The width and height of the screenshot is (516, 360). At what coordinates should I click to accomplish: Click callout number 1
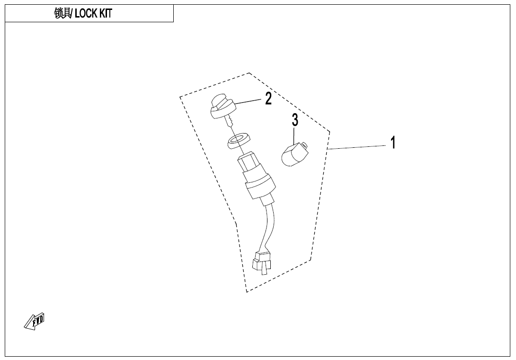pyautogui.click(x=392, y=142)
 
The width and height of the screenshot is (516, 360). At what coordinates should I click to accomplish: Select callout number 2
pyautogui.click(x=268, y=99)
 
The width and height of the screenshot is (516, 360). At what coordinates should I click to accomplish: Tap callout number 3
pyautogui.click(x=295, y=120)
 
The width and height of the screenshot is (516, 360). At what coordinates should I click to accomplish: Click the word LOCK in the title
pyautogui.click(x=85, y=14)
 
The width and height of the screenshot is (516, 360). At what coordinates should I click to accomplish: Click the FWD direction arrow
pyautogui.click(x=35, y=321)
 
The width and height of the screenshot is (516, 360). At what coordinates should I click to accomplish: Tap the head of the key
pyautogui.click(x=220, y=107)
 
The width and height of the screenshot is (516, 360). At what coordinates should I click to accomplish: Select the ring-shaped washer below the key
pyautogui.click(x=239, y=140)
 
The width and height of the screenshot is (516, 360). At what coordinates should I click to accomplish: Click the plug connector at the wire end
pyautogui.click(x=263, y=261)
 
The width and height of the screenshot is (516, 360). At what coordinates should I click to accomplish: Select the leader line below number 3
pyautogui.click(x=294, y=135)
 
